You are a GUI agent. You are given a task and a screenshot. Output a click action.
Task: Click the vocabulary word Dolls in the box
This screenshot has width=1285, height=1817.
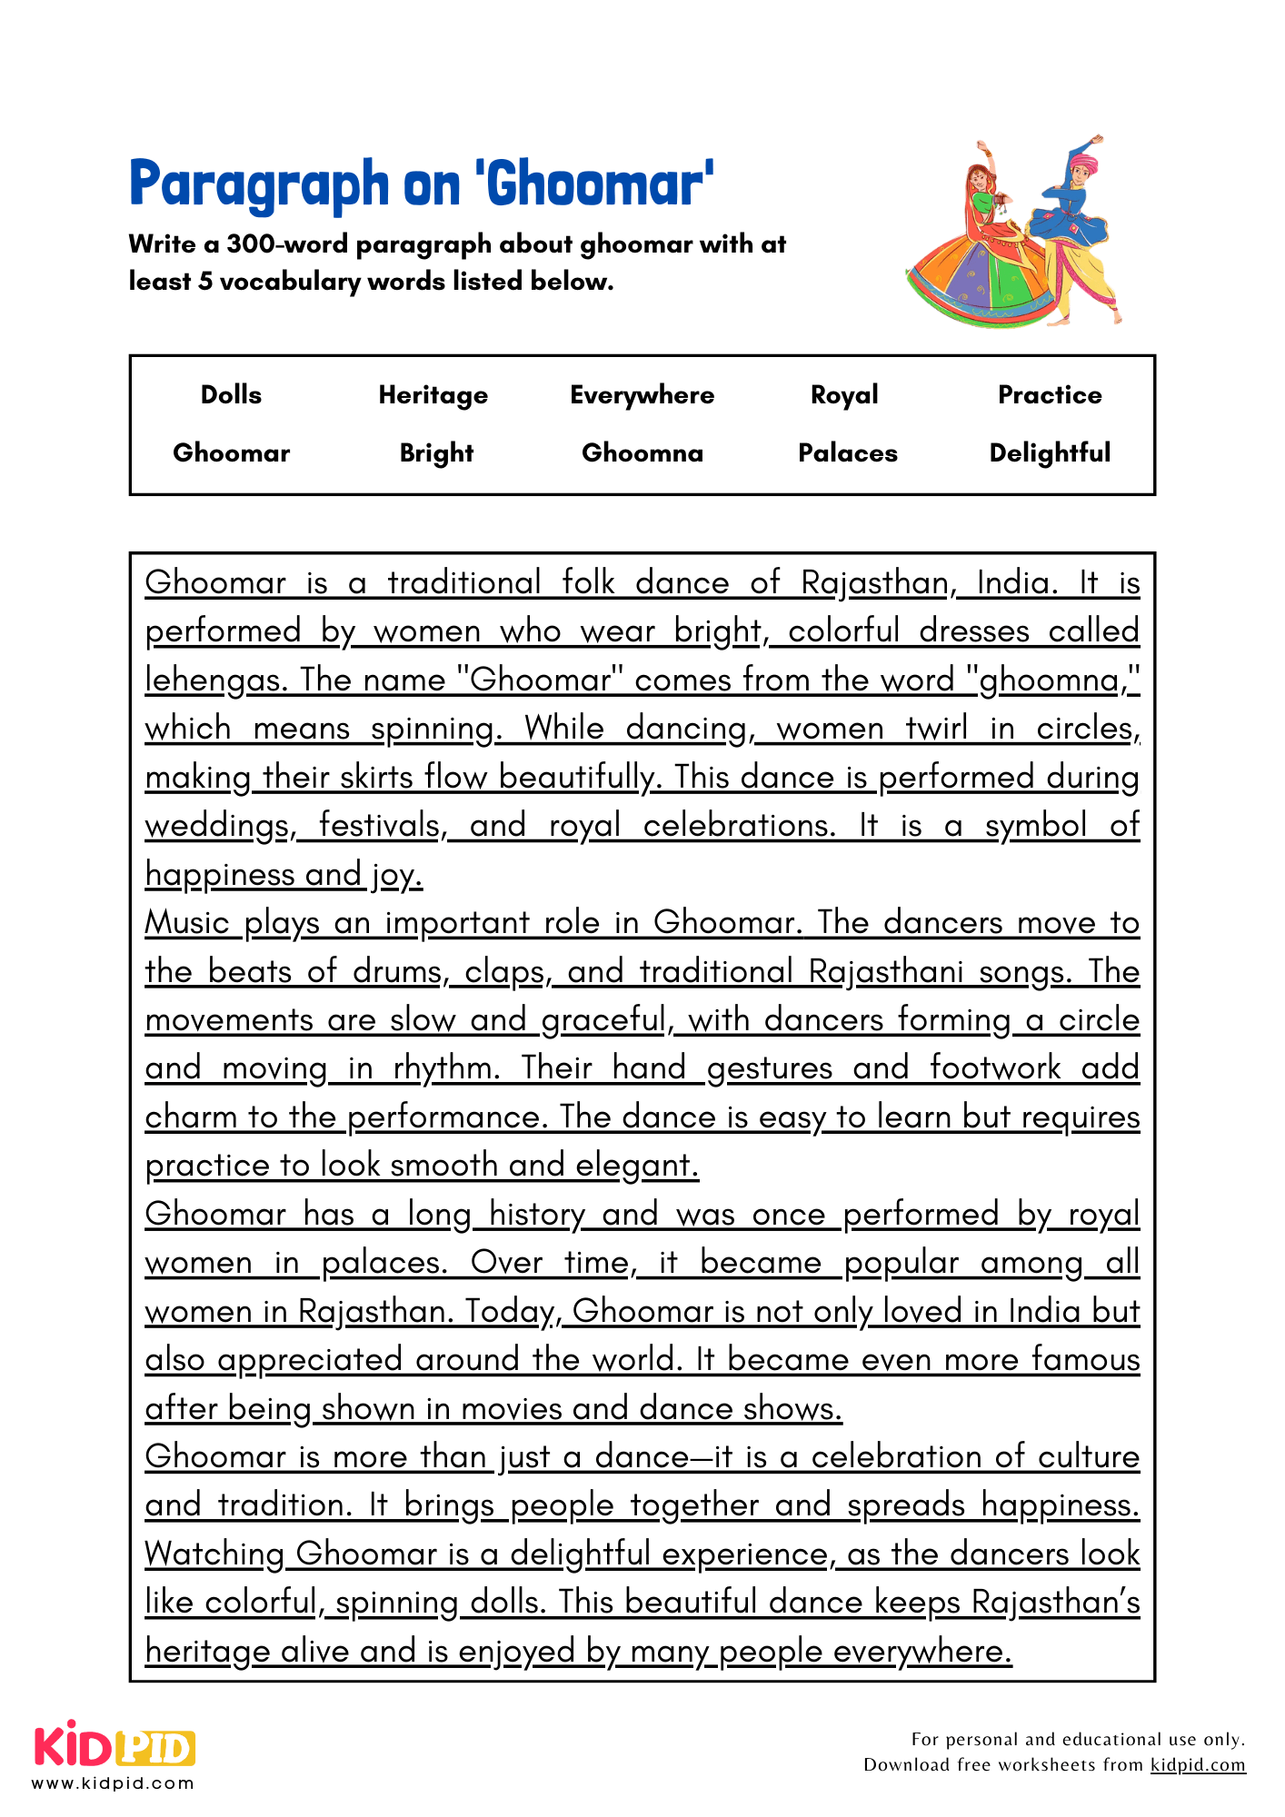click(x=231, y=395)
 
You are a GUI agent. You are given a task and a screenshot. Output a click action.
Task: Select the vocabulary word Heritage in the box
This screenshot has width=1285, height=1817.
click(x=433, y=395)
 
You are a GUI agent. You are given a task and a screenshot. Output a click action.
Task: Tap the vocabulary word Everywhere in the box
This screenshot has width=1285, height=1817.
click(x=642, y=395)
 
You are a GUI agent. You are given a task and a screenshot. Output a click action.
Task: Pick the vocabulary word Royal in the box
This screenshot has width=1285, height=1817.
click(x=844, y=395)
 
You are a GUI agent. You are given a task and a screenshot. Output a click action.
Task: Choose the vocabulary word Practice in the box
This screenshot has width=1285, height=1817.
click(x=1049, y=395)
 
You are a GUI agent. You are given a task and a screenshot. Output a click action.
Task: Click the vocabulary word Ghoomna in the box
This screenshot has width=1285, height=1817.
click(x=642, y=452)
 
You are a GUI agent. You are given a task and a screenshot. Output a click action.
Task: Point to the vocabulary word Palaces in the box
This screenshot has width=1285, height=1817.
click(x=847, y=452)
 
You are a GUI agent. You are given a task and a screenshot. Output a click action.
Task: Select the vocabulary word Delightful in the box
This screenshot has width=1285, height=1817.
click(x=1049, y=452)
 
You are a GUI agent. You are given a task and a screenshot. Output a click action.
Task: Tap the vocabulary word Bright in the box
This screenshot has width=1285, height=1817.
click(x=436, y=452)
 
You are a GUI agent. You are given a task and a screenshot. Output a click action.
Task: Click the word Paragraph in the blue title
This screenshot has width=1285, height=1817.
click(x=259, y=184)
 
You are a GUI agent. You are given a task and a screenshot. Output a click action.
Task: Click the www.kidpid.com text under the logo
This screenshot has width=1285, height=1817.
click(x=113, y=1782)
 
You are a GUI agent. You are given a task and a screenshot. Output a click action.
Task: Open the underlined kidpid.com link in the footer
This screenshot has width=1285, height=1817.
click(x=1197, y=1764)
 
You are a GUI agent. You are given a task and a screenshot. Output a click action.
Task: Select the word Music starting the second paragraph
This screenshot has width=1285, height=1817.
click(x=187, y=922)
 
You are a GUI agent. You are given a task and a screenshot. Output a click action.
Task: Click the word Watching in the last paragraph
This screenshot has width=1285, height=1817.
click(x=214, y=1554)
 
